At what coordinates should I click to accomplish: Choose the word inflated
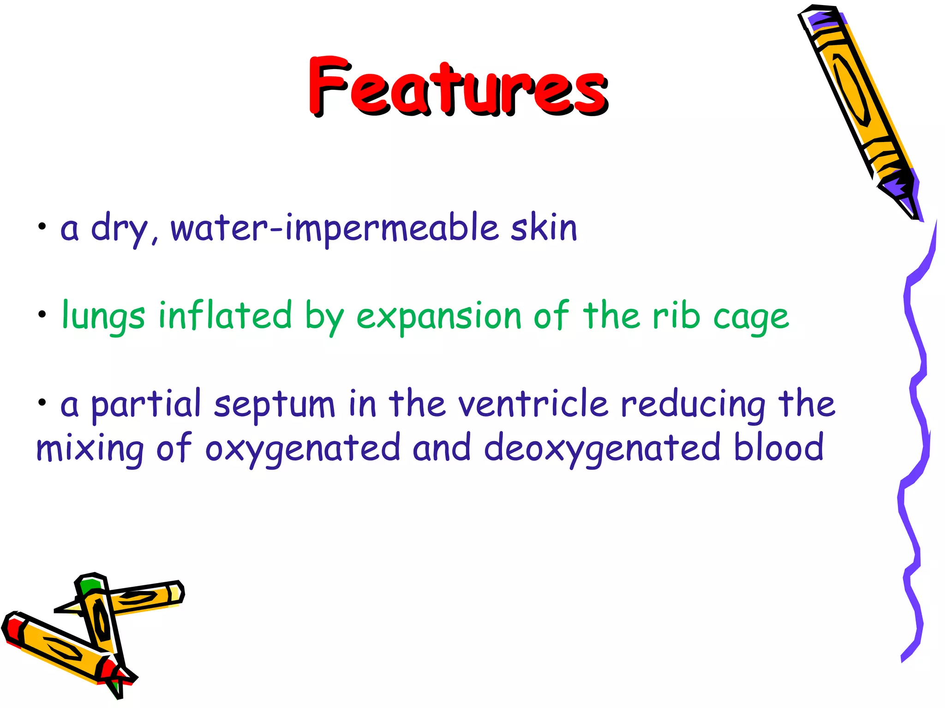(x=225, y=315)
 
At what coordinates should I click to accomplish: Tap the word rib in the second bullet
(x=676, y=315)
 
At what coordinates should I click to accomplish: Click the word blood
(x=778, y=447)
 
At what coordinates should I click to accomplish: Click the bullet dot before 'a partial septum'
(x=42, y=403)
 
